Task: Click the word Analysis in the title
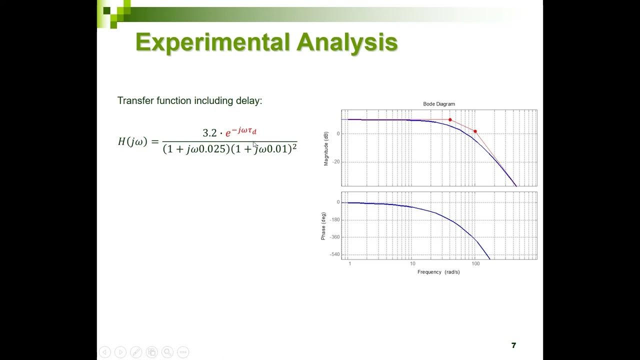tap(347, 43)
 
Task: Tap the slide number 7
tap(513, 345)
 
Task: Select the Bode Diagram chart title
tap(439, 104)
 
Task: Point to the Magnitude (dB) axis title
tap(326, 148)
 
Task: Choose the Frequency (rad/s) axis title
tap(438, 272)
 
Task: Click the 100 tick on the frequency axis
tap(475, 263)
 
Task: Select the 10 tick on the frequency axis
tap(412, 263)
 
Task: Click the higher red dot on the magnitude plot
tap(450, 120)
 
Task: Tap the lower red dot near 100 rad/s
tap(475, 131)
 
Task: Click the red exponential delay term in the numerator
tap(240, 132)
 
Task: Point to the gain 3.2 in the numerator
tap(209, 133)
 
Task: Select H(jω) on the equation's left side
tap(132, 141)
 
